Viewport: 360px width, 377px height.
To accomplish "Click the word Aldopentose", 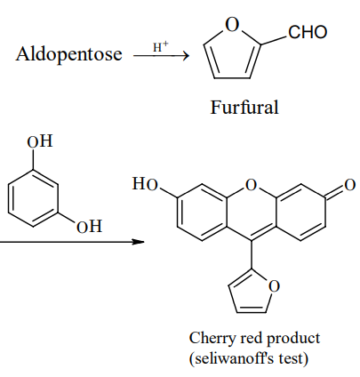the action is pos(68,54).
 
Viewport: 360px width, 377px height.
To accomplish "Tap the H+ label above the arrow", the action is pos(161,47).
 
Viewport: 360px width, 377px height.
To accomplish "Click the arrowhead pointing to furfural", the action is pos(186,55).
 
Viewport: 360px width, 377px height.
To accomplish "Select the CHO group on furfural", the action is pos(308,32).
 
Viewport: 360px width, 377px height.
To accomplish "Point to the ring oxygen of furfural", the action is pos(232,24).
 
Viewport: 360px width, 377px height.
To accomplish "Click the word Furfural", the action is pos(244,107).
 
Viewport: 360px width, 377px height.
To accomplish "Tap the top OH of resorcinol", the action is pos(40,141).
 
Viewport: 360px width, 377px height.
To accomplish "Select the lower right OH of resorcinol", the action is pos(89,227).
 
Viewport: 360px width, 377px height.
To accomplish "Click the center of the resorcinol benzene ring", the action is pos(33,198).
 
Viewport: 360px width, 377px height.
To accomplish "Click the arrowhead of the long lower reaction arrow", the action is pos(139,242).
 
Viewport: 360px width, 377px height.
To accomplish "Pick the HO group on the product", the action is pos(145,184).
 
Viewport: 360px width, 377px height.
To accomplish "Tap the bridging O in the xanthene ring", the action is pos(251,185).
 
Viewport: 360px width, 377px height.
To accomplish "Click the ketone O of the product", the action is pos(349,185).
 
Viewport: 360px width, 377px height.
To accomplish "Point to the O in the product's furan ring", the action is pos(274,286).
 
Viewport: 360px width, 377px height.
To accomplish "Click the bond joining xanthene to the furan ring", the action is pos(252,254).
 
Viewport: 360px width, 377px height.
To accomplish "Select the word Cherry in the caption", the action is pos(213,339).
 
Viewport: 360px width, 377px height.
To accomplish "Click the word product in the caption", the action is pos(293,339).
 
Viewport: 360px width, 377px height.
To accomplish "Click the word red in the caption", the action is pos(252,338).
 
